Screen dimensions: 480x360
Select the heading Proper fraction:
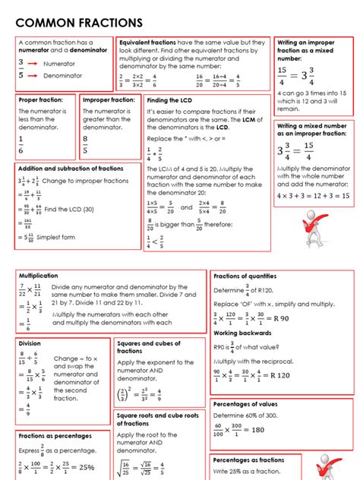tap(45, 99)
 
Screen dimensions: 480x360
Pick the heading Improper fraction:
tap(109, 99)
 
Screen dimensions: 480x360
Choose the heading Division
tap(30, 343)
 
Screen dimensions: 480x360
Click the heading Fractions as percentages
tap(55, 436)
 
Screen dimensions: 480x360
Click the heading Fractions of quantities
tap(245, 276)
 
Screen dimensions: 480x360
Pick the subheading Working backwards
tap(243, 333)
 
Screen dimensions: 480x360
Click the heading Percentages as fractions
tap(248, 460)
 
